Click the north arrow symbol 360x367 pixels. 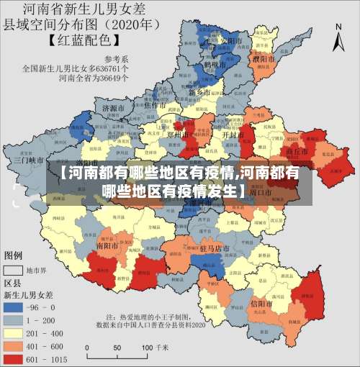click(339, 37)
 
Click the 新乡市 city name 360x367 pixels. click(199, 93)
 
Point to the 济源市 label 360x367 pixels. click(114, 108)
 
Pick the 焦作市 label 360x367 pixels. click(156, 105)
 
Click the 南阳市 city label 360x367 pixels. click(109, 245)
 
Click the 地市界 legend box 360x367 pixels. click(14, 271)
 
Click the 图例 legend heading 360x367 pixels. click(14, 255)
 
